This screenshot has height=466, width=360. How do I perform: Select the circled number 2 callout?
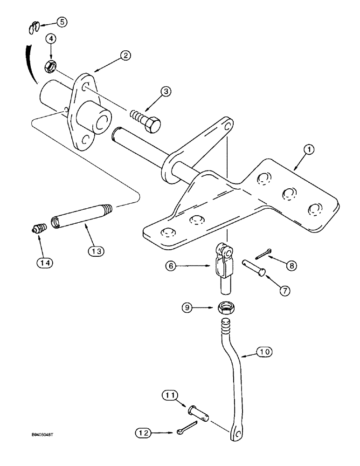click(125, 55)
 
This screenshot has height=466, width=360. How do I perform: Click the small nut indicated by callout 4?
click(48, 68)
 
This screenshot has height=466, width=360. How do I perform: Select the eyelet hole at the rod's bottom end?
click(237, 434)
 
